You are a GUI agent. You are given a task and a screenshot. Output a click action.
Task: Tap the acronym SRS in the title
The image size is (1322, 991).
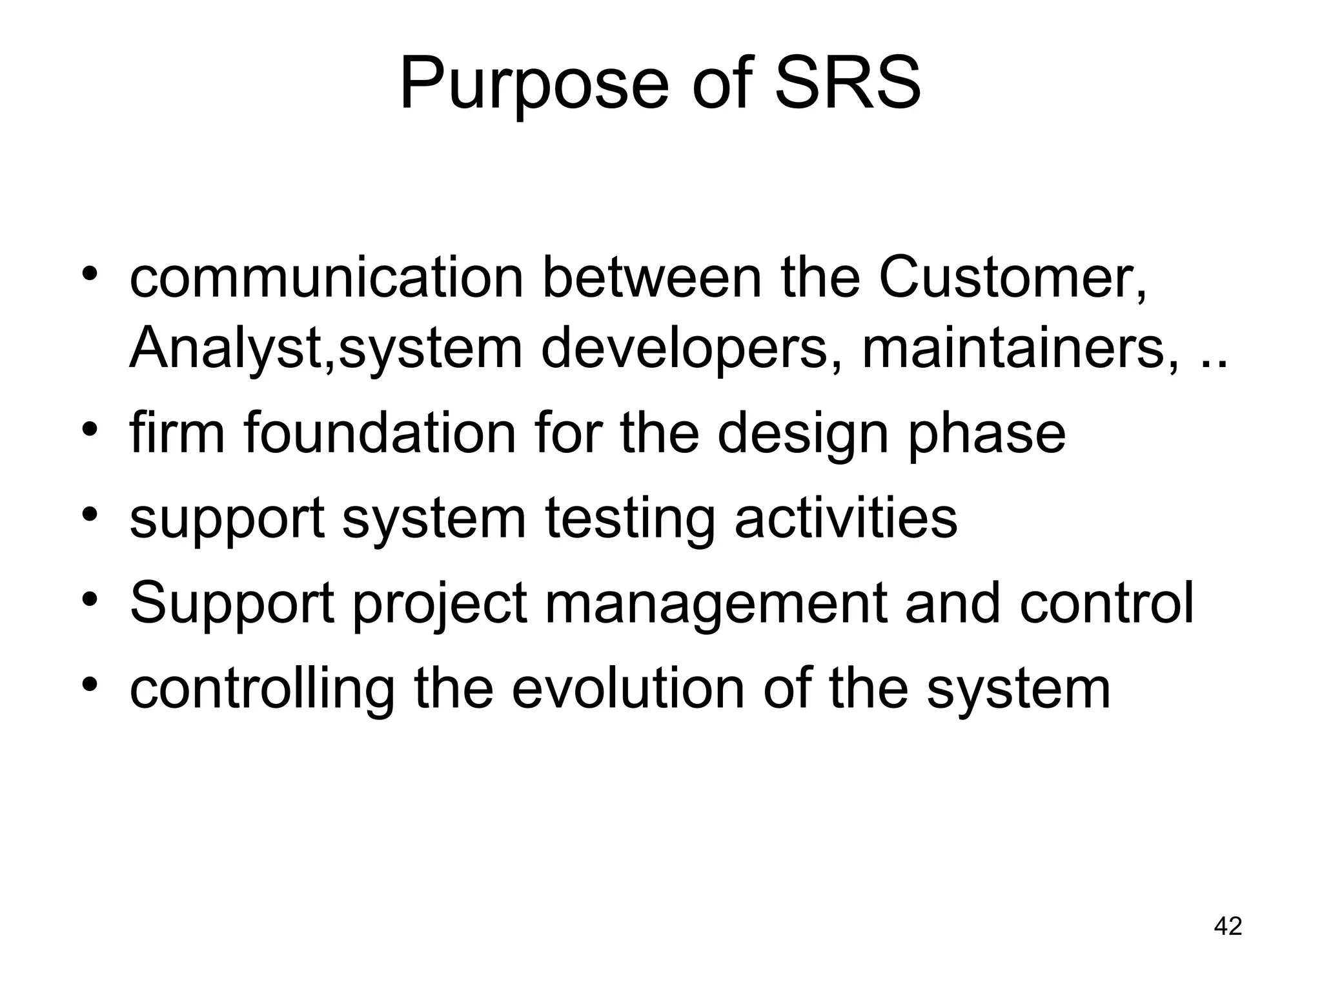[847, 84]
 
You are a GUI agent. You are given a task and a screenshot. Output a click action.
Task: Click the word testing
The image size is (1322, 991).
[630, 520]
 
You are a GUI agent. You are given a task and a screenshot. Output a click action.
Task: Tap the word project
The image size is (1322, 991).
[440, 605]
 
